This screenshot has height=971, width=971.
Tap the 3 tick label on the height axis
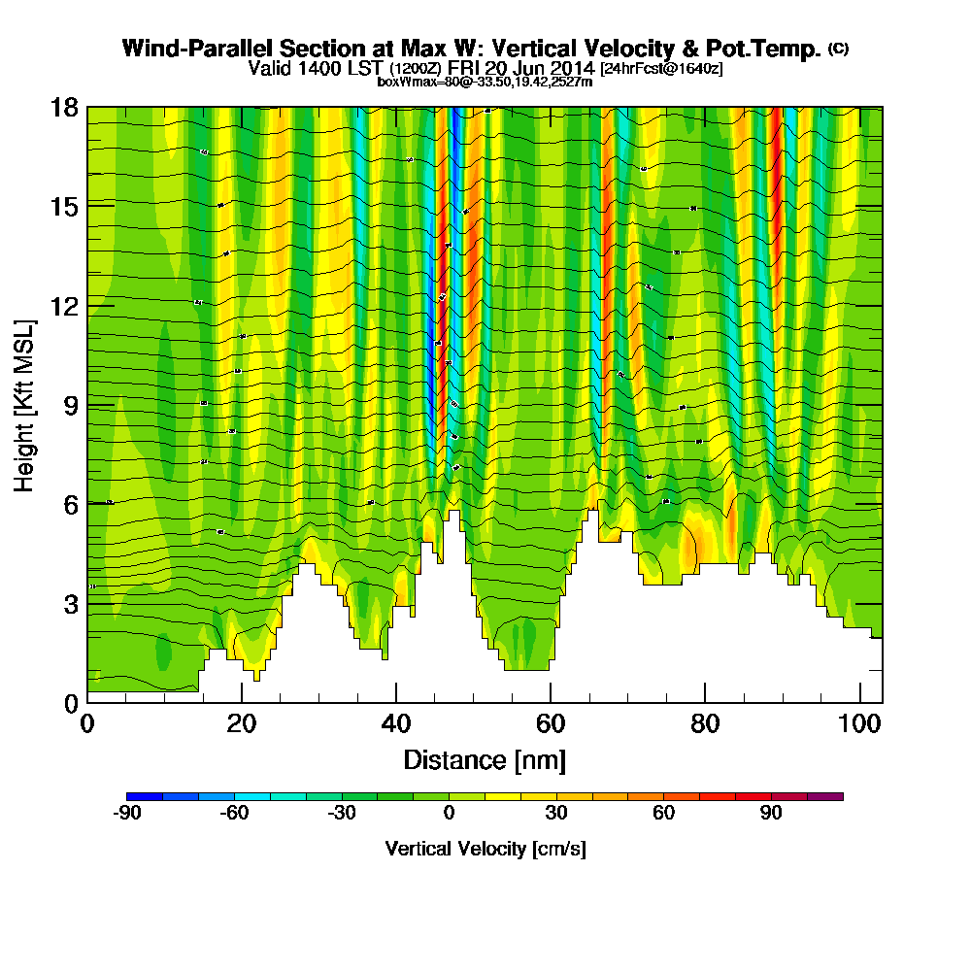(x=69, y=603)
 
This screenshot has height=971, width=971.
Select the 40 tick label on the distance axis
(x=395, y=724)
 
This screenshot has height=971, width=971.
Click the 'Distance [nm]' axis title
(x=485, y=759)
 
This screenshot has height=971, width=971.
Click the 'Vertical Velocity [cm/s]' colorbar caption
(x=485, y=849)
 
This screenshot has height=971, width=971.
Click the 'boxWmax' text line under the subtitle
(x=485, y=82)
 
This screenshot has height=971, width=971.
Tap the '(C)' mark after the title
(x=838, y=49)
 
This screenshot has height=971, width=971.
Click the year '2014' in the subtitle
(x=570, y=69)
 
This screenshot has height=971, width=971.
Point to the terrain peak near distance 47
(x=452, y=513)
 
